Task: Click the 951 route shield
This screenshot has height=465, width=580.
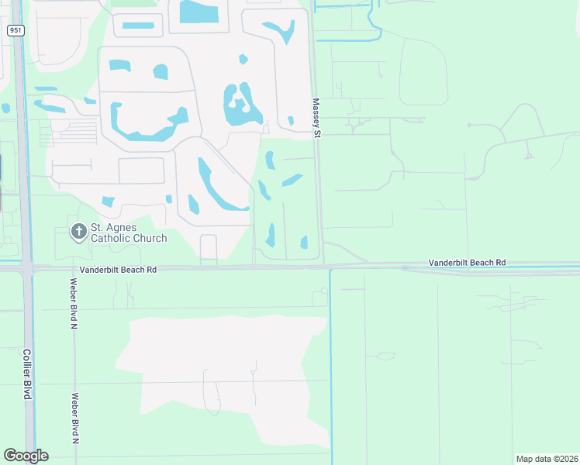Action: click(x=15, y=29)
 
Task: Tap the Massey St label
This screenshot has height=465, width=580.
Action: click(x=316, y=119)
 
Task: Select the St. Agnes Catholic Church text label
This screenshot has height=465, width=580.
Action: click(x=129, y=232)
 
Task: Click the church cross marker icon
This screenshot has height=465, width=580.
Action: click(x=78, y=232)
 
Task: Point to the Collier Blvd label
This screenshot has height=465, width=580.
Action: click(x=26, y=374)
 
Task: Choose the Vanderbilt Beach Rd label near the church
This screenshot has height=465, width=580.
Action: click(x=119, y=270)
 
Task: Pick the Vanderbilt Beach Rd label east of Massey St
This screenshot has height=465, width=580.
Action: click(x=467, y=263)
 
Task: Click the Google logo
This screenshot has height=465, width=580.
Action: click(x=26, y=456)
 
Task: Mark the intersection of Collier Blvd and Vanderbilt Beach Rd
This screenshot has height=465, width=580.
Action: click(x=27, y=267)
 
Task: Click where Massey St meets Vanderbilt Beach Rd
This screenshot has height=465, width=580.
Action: click(x=322, y=267)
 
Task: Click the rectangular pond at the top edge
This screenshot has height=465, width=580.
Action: click(x=199, y=11)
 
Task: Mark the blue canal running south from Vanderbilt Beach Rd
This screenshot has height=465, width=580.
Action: click(x=331, y=364)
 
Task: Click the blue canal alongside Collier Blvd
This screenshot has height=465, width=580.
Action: click(x=21, y=155)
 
